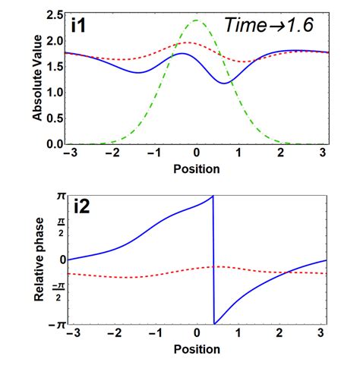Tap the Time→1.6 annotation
click(x=270, y=25)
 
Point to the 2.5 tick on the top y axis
click(x=53, y=14)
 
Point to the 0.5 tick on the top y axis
click(x=53, y=118)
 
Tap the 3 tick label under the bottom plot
click(x=325, y=335)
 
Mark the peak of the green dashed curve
click(x=197, y=20)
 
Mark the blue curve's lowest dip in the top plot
click(x=226, y=83)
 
